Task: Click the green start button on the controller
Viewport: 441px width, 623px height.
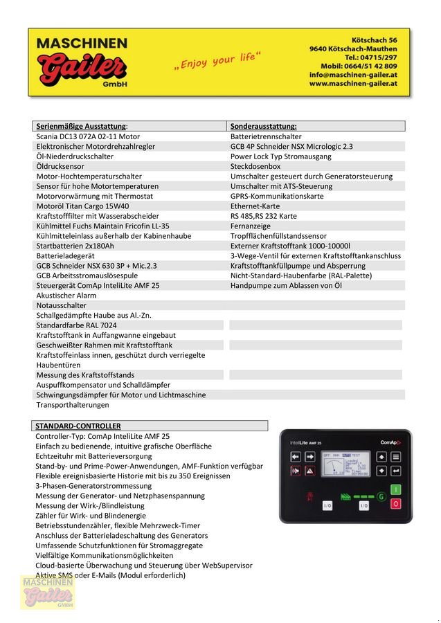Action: (395, 490)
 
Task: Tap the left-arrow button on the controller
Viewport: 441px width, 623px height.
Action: (294, 457)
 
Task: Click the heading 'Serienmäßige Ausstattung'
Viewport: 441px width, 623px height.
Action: (82, 126)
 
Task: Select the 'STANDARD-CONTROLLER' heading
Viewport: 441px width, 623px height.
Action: (78, 426)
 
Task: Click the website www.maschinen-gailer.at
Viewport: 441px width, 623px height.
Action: (352, 84)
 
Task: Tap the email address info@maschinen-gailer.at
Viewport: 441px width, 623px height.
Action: (352, 75)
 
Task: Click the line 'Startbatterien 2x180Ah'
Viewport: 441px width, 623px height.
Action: (75, 246)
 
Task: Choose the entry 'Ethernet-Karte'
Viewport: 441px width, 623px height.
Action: (255, 206)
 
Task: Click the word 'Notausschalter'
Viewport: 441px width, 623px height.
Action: (61, 305)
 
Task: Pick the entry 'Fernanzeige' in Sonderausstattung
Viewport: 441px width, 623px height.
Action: (250, 226)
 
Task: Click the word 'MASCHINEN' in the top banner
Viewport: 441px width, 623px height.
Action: (82, 43)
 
